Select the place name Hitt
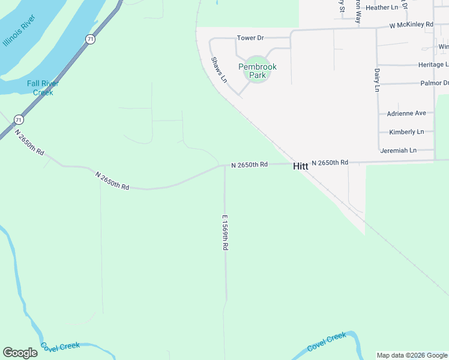click(300, 167)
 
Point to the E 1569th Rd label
click(226, 233)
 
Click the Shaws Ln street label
click(219, 70)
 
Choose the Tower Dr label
click(250, 38)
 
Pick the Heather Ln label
click(382, 8)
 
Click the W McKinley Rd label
click(411, 25)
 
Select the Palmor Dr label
click(434, 83)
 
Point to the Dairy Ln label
click(377, 80)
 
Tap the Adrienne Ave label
click(406, 113)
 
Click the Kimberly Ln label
click(406, 132)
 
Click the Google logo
click(20, 353)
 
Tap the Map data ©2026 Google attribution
click(412, 355)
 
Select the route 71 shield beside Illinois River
click(90, 39)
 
